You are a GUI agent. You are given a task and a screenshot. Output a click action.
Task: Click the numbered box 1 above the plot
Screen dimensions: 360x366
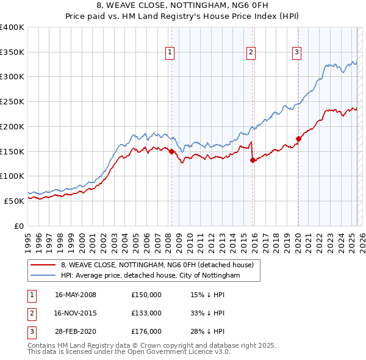(x=170, y=53)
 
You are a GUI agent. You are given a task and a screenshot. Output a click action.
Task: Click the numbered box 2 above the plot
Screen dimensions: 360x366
(x=251, y=53)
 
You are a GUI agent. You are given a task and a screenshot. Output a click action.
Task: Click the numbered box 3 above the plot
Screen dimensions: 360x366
(x=296, y=53)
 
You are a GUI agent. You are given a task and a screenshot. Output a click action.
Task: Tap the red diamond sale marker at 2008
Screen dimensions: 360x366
(x=172, y=151)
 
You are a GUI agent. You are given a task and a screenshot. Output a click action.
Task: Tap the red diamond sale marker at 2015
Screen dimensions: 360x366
(x=253, y=160)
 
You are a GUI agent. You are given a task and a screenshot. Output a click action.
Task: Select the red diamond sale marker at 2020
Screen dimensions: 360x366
(x=298, y=139)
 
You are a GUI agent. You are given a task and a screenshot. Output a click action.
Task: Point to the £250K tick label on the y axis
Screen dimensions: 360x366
(x=12, y=101)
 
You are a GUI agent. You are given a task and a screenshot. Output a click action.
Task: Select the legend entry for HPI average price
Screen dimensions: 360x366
(x=150, y=276)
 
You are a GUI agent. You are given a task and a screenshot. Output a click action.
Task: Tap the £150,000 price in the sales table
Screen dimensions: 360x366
(x=146, y=295)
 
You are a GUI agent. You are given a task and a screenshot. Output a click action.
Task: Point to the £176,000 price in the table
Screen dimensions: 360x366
(x=146, y=331)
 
